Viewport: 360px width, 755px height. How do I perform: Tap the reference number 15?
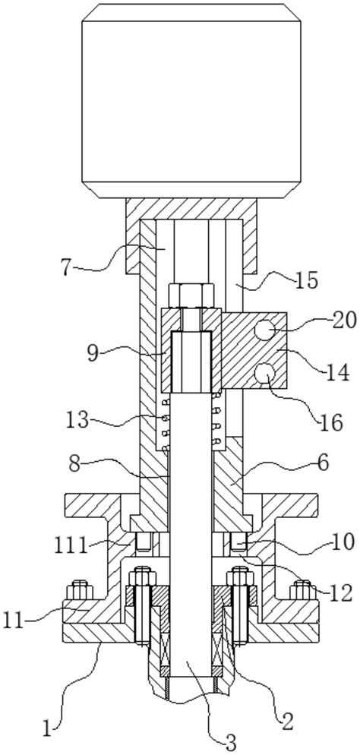(x=305, y=280)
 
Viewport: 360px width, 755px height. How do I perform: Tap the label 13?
(x=77, y=420)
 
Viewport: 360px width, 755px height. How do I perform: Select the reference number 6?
(x=323, y=463)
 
